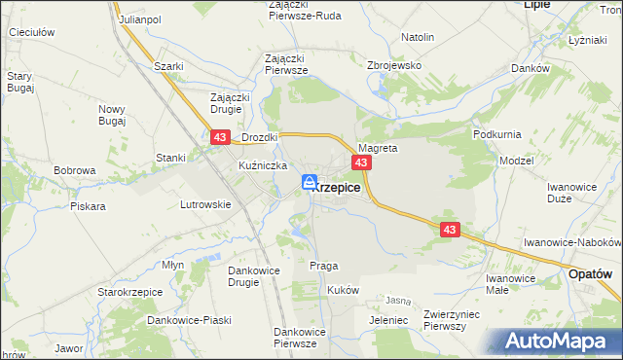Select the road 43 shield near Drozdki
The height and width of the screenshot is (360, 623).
(219, 140)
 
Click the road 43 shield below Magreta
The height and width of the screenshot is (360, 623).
(361, 162)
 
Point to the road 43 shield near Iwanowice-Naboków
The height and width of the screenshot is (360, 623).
(449, 230)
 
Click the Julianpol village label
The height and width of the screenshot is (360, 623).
(139, 19)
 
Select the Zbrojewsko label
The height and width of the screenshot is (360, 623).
(393, 65)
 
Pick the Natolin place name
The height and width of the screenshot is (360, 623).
(418, 38)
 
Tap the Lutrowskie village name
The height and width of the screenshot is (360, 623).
(205, 204)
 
